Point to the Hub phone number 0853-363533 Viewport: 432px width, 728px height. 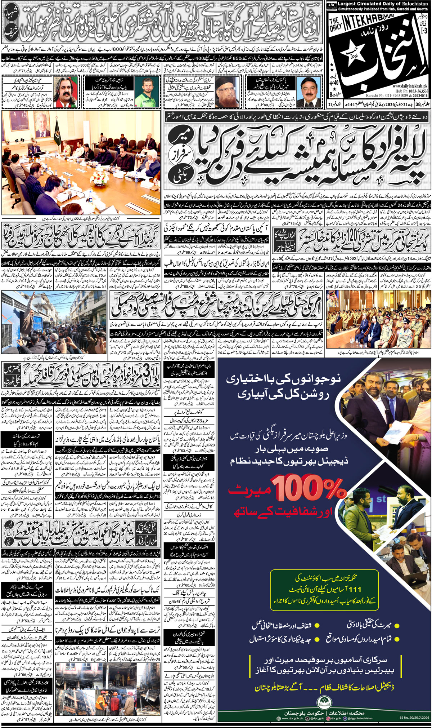416,91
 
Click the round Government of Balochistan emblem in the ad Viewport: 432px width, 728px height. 324,700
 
